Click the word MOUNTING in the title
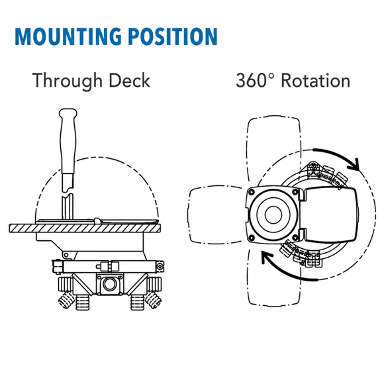point(68,36)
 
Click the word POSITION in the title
point(173,36)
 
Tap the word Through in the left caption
point(68,81)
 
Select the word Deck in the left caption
point(129,80)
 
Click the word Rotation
point(316,80)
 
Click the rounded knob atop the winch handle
point(68,114)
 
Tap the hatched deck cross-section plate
point(85,228)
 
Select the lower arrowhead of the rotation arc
point(267,257)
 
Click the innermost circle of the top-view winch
point(273,215)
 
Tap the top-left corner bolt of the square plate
point(252,192)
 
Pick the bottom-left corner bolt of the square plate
point(252,237)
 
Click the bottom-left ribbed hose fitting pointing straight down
point(82,303)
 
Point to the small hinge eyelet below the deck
point(66,256)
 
